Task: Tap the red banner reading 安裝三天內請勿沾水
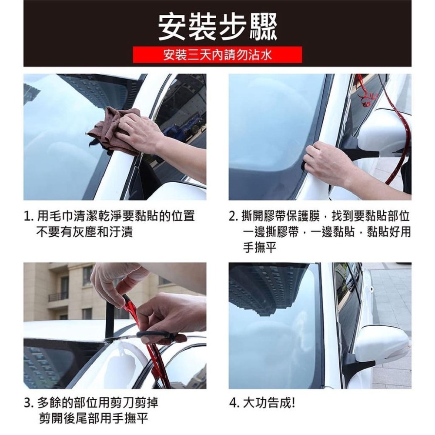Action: point(217,55)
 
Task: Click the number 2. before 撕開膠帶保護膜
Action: point(234,216)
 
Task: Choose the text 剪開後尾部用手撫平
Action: point(94,418)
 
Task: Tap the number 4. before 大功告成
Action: point(234,403)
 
